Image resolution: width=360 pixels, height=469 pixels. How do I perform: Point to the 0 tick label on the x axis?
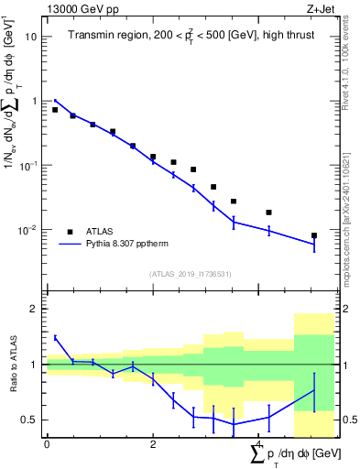click(47, 444)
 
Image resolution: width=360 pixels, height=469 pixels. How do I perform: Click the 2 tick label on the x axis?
click(153, 444)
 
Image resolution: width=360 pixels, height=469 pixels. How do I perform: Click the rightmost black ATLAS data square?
click(314, 235)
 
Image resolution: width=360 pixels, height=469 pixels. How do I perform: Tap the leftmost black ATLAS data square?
click(55, 110)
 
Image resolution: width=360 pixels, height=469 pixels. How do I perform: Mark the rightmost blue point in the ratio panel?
click(314, 390)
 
